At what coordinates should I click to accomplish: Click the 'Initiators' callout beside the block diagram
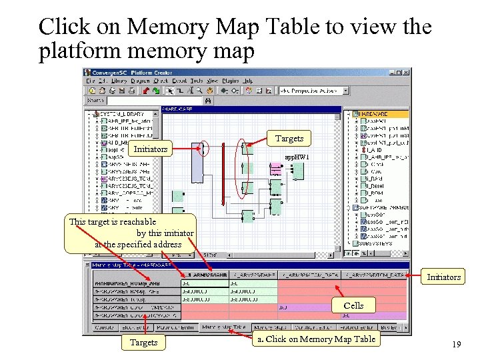(151, 149)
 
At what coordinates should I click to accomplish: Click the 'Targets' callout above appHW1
(289, 139)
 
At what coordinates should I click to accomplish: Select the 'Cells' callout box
(353, 305)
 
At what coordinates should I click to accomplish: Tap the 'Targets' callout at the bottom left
(143, 342)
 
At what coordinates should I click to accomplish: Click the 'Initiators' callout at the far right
(443, 277)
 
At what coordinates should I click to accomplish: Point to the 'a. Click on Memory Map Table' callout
(316, 339)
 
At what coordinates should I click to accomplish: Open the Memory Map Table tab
(223, 327)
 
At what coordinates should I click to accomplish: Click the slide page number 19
(456, 344)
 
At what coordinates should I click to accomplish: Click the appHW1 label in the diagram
(297, 157)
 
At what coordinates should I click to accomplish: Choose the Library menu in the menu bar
(119, 81)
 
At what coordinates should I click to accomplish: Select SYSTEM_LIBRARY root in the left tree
(127, 114)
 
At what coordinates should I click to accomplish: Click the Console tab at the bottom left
(104, 327)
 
